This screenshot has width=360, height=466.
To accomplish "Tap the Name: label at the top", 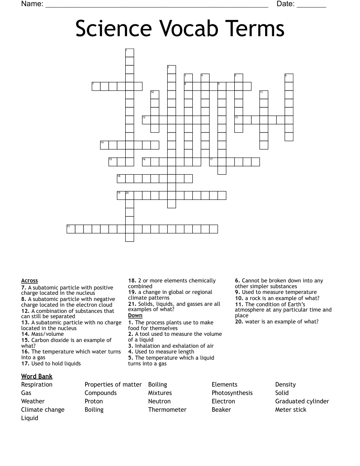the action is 32,4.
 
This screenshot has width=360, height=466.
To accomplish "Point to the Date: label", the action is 285,4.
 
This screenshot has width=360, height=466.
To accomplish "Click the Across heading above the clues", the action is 30,281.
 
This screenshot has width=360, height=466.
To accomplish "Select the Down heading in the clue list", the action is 135,316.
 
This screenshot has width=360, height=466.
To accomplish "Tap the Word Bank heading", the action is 37,376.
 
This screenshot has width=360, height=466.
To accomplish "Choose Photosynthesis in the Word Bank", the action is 232,393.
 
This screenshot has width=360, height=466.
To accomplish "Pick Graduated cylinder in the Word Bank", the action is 302,401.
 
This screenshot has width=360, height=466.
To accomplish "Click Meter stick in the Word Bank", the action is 290,410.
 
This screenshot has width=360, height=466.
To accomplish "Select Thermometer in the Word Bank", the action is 167,410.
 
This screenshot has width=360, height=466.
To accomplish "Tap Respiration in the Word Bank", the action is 37,384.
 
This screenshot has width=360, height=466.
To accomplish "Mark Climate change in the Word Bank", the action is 43,410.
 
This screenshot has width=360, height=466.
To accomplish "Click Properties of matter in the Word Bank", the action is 113,384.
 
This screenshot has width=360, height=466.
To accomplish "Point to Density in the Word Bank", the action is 285,384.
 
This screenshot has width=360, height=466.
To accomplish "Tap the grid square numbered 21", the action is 71,229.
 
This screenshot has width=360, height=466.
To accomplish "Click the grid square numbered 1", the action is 129,53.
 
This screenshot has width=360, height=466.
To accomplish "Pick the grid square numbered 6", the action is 289,78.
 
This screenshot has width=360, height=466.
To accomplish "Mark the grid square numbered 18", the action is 121,178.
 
